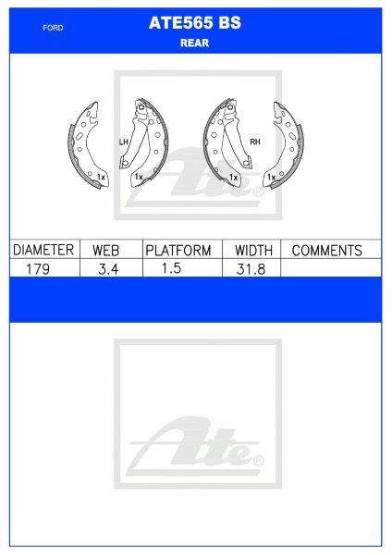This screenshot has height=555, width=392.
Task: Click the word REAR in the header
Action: pos(193,42)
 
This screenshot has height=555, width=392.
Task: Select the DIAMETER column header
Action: pos(43,250)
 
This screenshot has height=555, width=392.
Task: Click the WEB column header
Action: pos(106,250)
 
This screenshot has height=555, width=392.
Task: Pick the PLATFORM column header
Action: pos(178,250)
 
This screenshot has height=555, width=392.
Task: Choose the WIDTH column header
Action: pos(252,250)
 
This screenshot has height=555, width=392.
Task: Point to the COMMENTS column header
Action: pos(326,250)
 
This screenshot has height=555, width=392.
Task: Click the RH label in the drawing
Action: pos(255,142)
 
